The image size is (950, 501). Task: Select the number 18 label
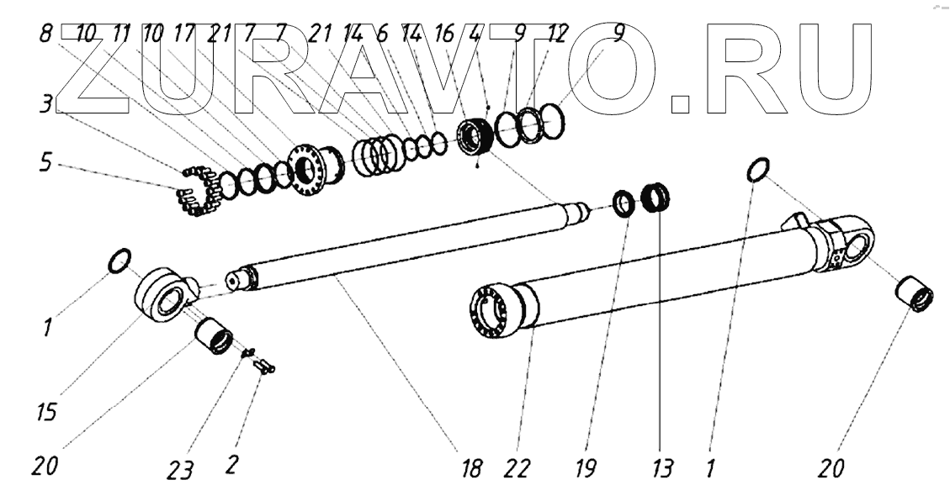coord(473,468)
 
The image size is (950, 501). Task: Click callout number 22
coord(518,468)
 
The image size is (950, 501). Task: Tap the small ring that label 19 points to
coord(624,203)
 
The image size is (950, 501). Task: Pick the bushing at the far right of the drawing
coord(914,298)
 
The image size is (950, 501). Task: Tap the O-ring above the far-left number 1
coord(118,261)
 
